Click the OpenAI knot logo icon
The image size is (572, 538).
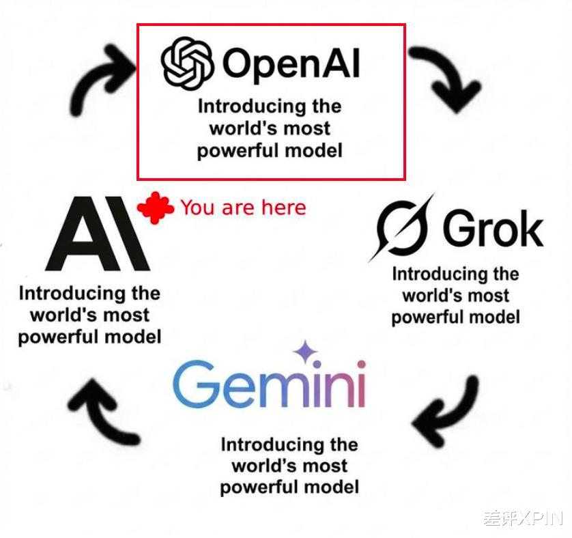pos(187,63)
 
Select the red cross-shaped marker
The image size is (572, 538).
pos(156,208)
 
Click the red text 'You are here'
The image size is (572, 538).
pos(243,208)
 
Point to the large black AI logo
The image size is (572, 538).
pos(98,233)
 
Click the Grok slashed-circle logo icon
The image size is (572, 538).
pos(401,228)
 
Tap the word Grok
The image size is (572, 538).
pos(493,229)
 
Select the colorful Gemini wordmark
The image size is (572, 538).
pos(269,383)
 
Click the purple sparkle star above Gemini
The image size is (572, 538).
pos(305,352)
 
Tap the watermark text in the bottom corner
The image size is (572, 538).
pos(523,518)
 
